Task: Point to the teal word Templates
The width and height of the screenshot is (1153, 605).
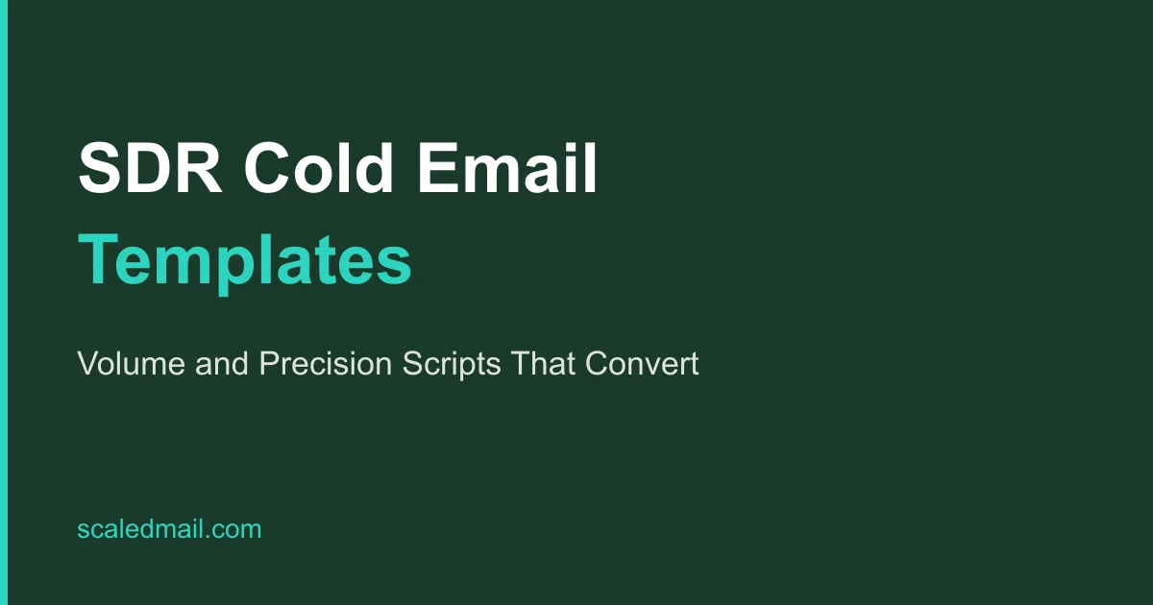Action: pos(245,260)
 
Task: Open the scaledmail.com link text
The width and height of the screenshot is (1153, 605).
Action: pos(169,528)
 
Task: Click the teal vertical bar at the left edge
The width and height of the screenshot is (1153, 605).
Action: pos(4,302)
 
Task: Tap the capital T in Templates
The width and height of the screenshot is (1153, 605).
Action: pos(97,260)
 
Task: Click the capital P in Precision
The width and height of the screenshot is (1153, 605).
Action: pos(266,365)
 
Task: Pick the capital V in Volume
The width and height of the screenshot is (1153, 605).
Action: pos(86,365)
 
